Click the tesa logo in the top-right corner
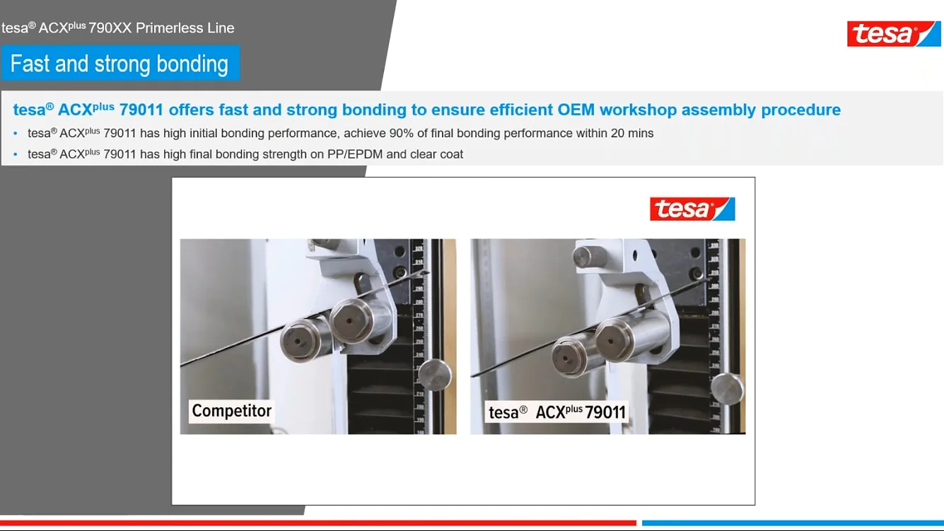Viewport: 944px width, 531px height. [x=894, y=33]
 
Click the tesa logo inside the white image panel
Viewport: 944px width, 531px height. [x=692, y=209]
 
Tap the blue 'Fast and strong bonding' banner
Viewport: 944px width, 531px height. [x=120, y=64]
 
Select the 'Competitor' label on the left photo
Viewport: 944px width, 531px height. [x=231, y=411]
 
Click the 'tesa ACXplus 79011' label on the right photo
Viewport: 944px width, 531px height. [x=557, y=412]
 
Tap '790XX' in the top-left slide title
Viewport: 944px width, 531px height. [x=110, y=28]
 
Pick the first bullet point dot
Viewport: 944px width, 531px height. [x=16, y=134]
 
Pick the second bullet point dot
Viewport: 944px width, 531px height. [x=16, y=155]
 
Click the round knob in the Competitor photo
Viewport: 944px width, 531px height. [x=434, y=374]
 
